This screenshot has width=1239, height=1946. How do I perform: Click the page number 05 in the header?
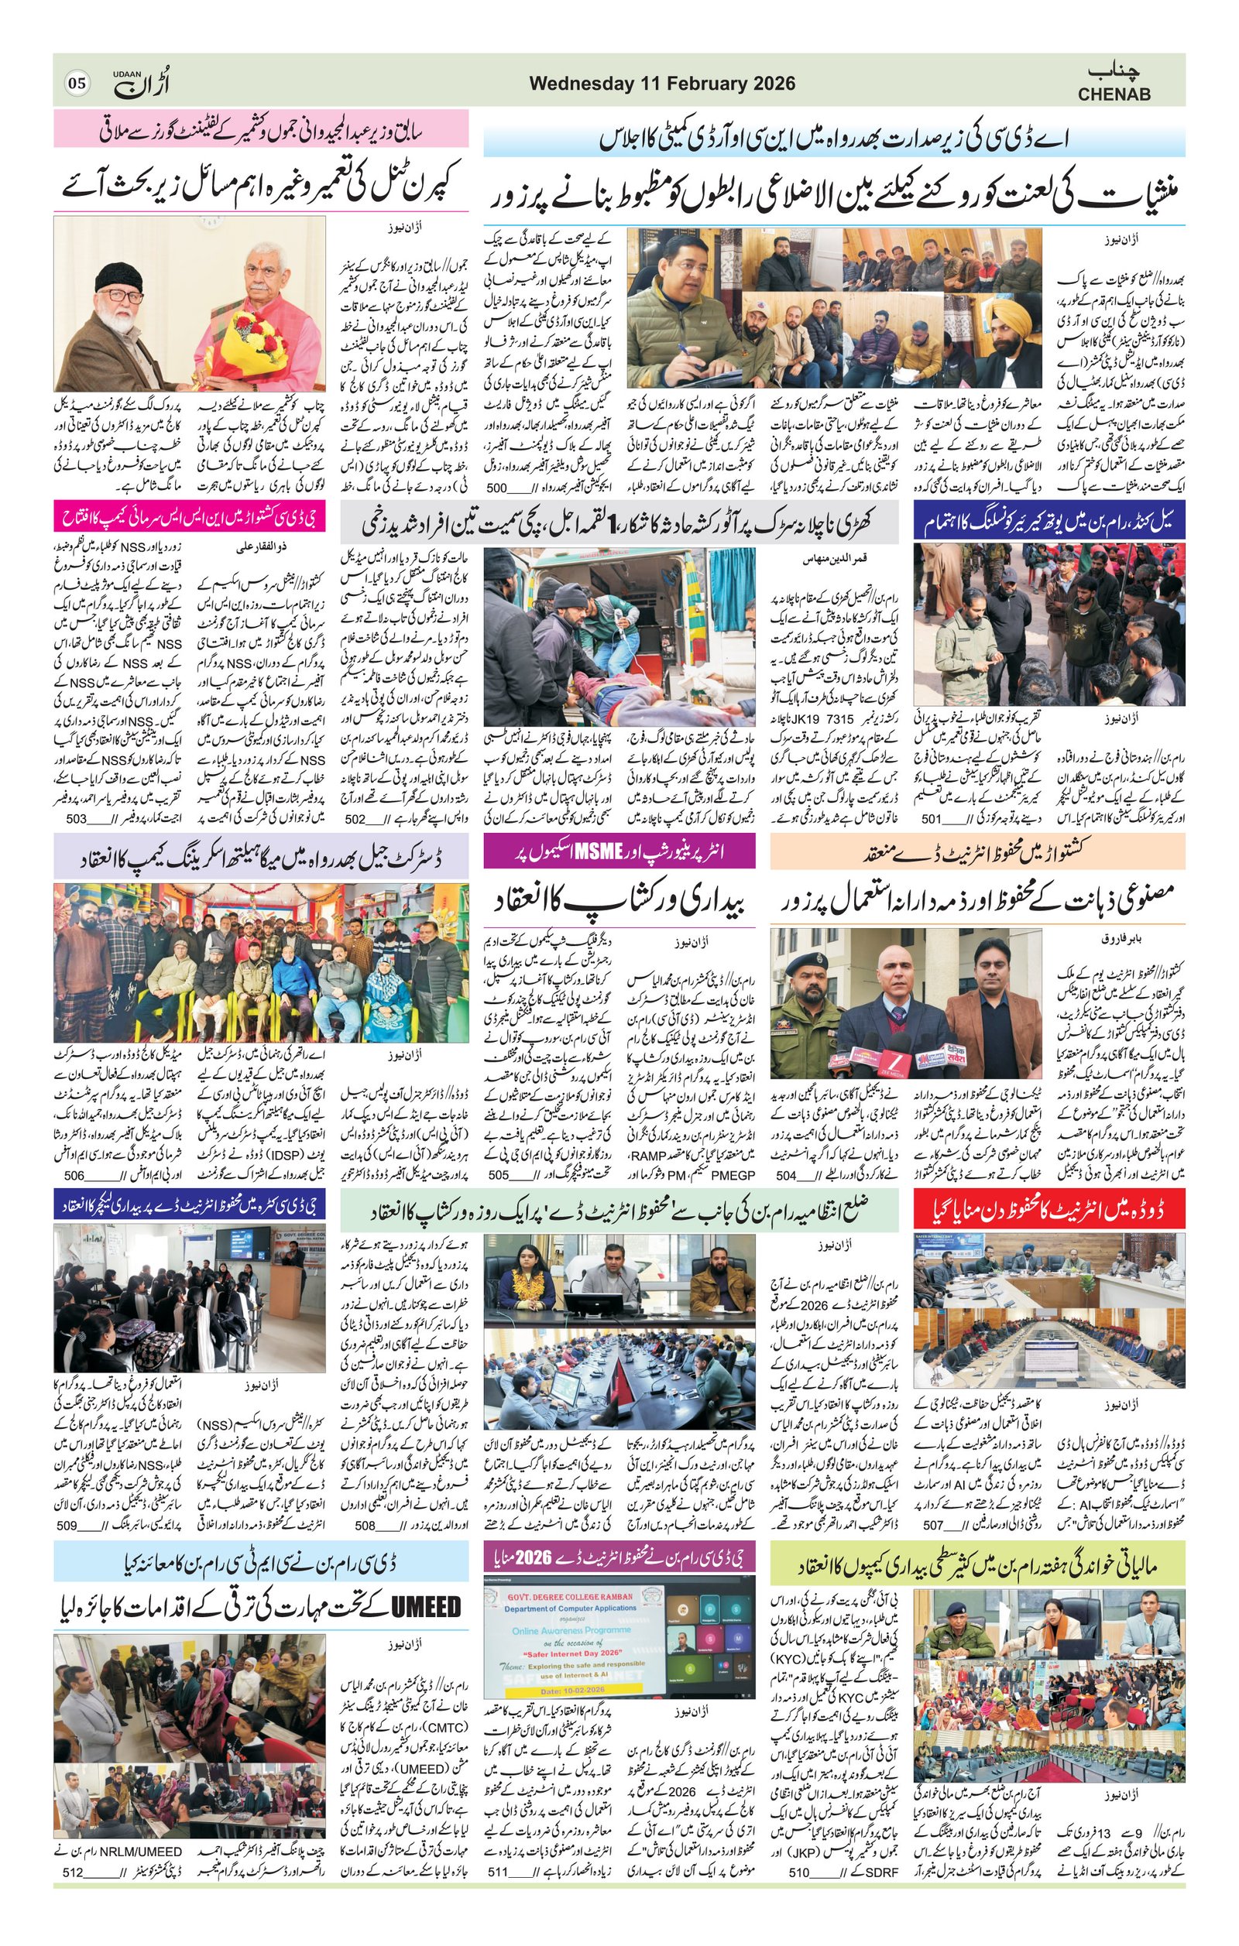point(77,84)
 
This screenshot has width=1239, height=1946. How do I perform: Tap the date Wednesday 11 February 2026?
point(662,84)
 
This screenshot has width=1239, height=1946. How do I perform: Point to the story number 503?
point(76,819)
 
